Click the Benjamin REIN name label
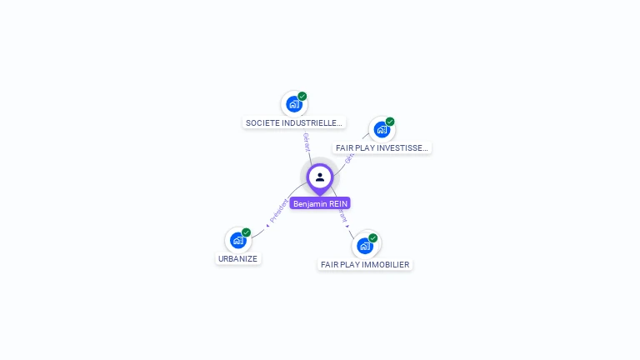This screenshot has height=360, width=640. (320, 203)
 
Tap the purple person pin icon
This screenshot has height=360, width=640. (320, 177)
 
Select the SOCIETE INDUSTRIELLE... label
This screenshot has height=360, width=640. (294, 122)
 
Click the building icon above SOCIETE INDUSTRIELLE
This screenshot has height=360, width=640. (293, 104)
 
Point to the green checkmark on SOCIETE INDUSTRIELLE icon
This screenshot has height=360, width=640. (302, 97)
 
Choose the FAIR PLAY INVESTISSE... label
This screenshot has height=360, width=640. (382, 147)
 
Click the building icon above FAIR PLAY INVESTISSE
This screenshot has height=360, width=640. (381, 129)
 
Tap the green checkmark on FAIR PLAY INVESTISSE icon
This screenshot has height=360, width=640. (390, 122)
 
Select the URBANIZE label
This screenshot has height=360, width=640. (238, 258)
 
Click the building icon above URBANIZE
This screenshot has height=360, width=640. (237, 241)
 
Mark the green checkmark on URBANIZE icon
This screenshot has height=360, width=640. (247, 232)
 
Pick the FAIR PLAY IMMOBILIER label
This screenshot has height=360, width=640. (365, 264)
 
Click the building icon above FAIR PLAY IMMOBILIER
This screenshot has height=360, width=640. (364, 246)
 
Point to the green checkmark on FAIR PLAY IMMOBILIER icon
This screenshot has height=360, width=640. (373, 238)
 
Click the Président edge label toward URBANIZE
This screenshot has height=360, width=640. (278, 211)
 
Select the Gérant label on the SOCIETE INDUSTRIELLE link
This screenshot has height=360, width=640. (306, 142)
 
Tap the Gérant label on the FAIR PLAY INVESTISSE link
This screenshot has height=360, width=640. (350, 155)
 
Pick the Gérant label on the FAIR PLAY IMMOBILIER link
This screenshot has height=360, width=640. (342, 216)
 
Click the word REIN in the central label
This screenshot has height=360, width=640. (337, 203)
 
